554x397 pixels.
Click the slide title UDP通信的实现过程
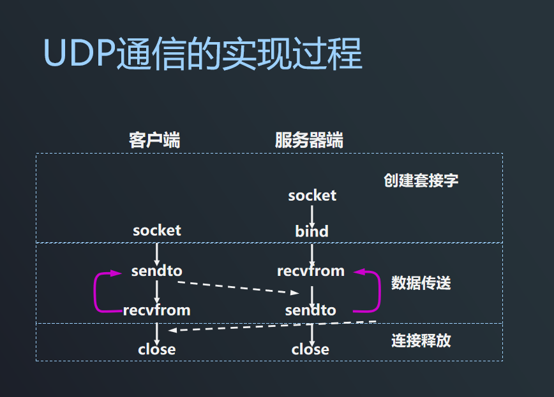[203, 54]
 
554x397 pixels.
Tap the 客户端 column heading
[154, 140]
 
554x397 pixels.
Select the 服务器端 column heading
[309, 140]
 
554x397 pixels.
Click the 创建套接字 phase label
[421, 180]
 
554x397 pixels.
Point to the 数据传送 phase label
[421, 282]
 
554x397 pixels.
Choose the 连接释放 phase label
[421, 340]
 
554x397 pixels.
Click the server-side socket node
[312, 196]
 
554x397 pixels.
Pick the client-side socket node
[157, 230]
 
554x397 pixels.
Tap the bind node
[311, 231]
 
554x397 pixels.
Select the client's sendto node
[157, 271]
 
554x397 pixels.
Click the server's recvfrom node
[311, 271]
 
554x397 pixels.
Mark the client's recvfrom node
[157, 310]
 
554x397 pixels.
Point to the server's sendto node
[311, 310]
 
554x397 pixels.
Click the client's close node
[157, 349]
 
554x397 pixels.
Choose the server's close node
[311, 349]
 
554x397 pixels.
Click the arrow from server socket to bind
[312, 213]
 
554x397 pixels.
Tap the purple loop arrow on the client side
[96, 292]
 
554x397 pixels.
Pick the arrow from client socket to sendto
[157, 250]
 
